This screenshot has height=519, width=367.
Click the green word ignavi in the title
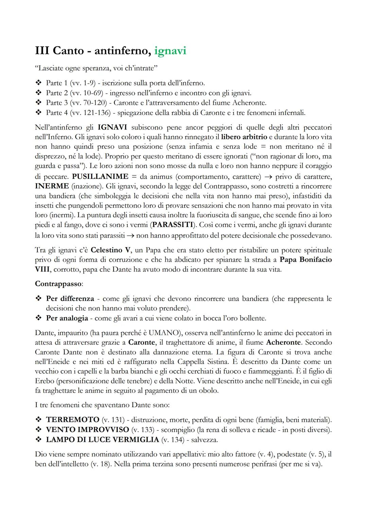click(170, 51)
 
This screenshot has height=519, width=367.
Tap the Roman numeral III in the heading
click(42, 51)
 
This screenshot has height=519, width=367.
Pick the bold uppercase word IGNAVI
click(112, 127)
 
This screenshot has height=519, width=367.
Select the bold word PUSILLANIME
click(100, 176)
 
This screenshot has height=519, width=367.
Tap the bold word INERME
click(52, 186)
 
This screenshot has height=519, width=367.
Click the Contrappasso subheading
click(58, 283)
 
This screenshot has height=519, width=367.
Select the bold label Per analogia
click(67, 318)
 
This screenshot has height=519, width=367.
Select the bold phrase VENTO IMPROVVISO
click(87, 430)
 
